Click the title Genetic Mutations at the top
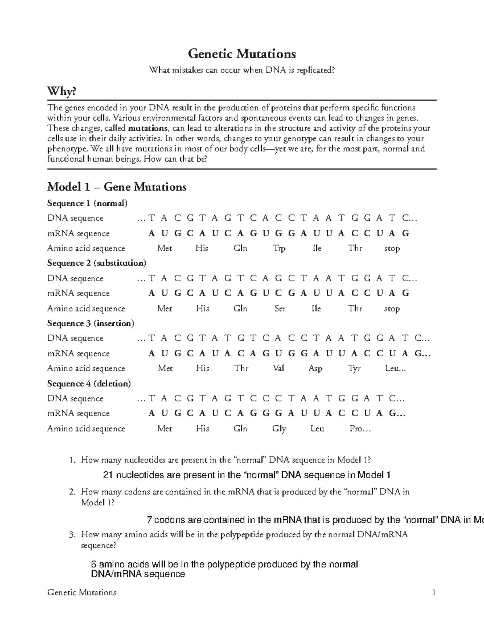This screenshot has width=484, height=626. point(242,54)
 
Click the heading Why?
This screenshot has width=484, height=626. point(61,92)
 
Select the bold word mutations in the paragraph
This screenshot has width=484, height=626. point(148,129)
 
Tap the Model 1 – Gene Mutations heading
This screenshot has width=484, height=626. point(117,187)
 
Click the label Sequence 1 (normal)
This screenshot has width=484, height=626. point(87,203)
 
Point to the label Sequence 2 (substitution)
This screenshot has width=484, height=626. point(96,263)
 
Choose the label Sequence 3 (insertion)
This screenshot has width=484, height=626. point(90,323)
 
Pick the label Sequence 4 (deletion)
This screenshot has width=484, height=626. point(89,383)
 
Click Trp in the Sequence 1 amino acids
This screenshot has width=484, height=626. point(279,248)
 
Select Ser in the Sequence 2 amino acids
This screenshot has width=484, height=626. point(280,308)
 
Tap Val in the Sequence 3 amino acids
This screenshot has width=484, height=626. point(278,368)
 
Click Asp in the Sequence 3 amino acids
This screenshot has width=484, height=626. point(315,368)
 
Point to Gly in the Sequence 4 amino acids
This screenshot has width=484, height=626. point(279,428)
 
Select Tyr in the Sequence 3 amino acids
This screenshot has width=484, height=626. point(354,368)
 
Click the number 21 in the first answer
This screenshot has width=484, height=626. point(108,475)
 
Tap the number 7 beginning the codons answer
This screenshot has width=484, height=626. point(150,520)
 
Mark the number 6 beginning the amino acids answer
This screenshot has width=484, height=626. point(94,564)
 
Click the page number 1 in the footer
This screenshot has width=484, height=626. point(434,593)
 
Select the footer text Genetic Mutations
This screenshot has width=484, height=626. point(82,593)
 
